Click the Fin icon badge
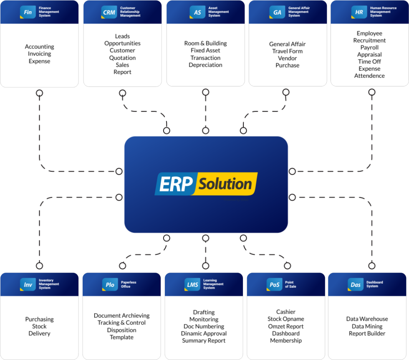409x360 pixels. (28, 12)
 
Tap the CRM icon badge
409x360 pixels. (109, 12)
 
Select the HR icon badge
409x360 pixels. (359, 12)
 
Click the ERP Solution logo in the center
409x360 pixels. (206, 184)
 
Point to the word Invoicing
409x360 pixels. (39, 54)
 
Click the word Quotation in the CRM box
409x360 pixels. (122, 58)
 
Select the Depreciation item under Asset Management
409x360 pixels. (205, 65)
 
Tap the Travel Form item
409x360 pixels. (287, 51)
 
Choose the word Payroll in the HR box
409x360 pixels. (369, 47)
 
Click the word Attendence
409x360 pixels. (369, 76)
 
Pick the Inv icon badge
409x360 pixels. (28, 285)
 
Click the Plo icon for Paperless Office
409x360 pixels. (110, 285)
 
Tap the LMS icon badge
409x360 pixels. (192, 285)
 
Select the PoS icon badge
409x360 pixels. (274, 285)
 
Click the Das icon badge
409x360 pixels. (356, 285)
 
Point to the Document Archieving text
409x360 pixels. (121, 316)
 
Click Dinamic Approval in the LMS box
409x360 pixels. (204, 333)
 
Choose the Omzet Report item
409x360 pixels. (286, 326)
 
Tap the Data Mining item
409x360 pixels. (367, 326)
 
